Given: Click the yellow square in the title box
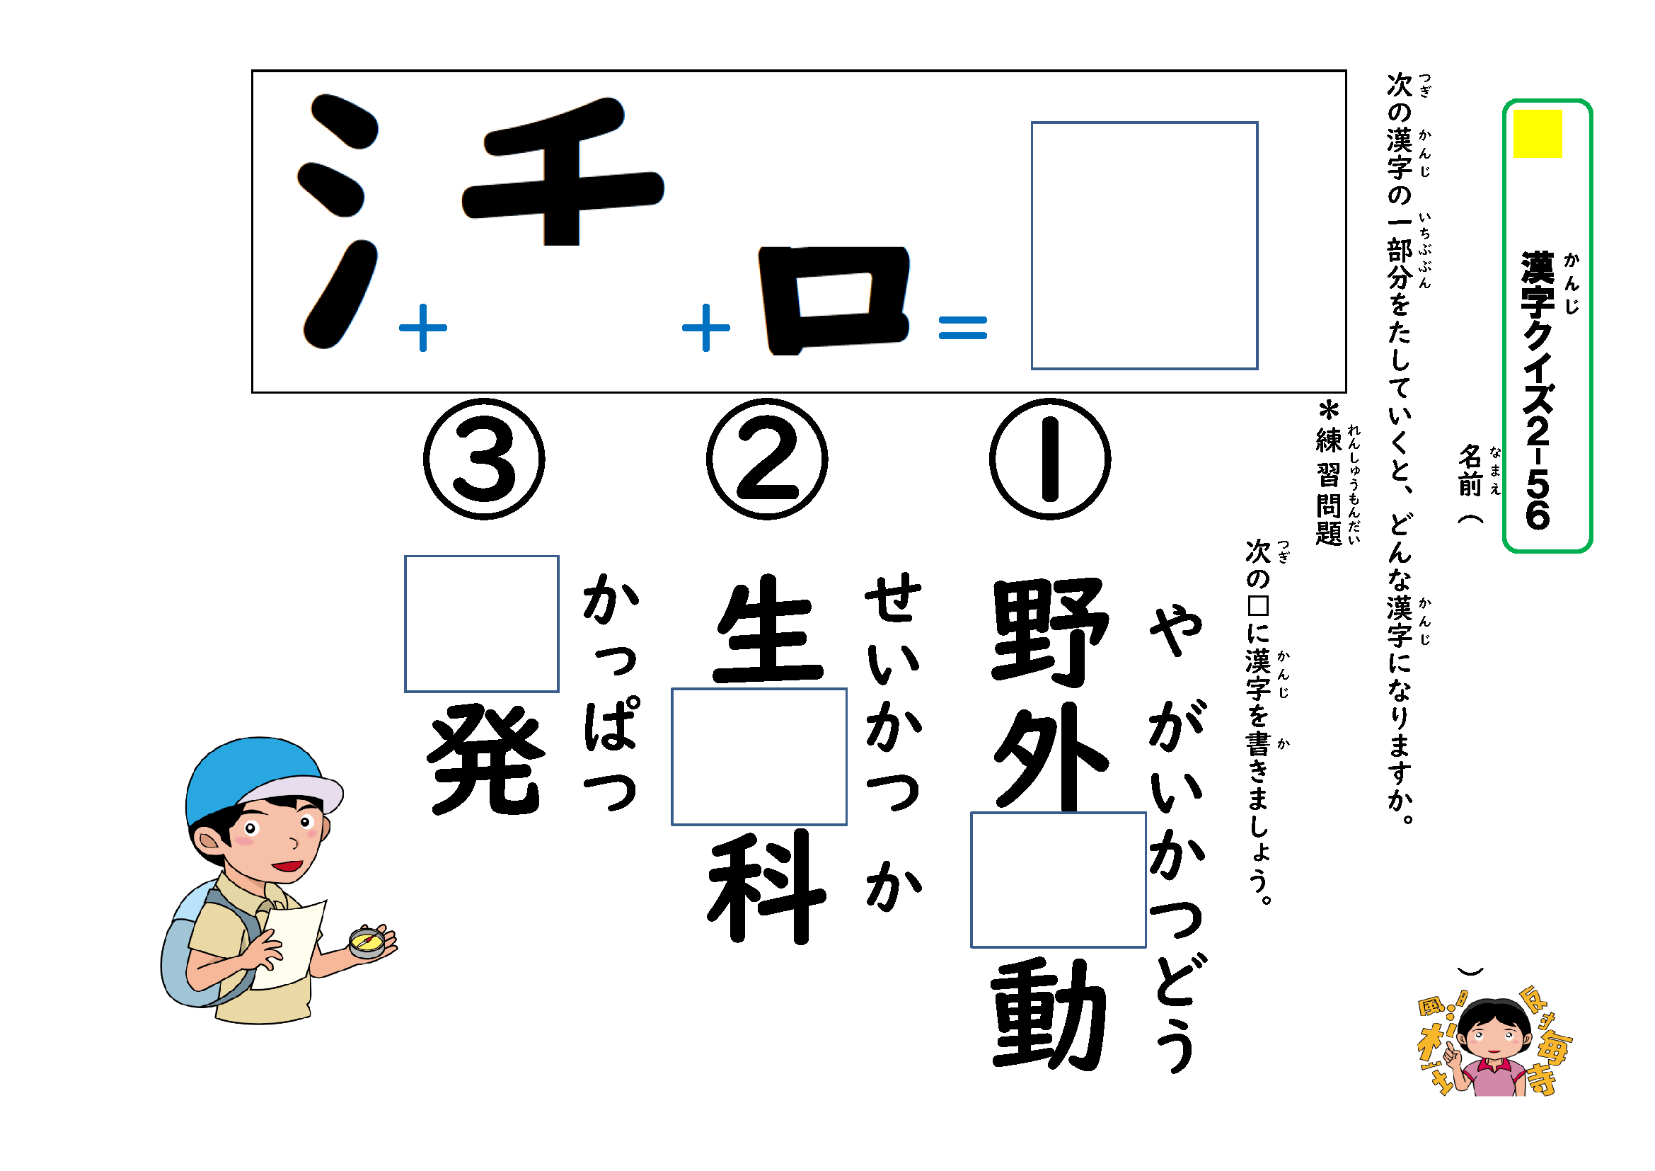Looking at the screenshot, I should [x=1537, y=133].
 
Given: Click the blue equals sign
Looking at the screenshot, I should [x=962, y=328].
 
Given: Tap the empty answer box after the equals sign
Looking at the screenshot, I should [x=1144, y=245].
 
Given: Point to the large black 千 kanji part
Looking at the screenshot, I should [x=563, y=173].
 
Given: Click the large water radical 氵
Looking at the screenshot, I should [x=338, y=220].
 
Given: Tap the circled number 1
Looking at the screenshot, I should [x=1049, y=459].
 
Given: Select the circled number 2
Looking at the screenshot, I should [x=766, y=459].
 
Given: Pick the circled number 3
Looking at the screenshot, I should [x=484, y=459].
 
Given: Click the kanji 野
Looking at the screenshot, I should [x=1049, y=631].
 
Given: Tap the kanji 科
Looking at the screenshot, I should [x=766, y=887].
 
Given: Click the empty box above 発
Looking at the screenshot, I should [x=482, y=624].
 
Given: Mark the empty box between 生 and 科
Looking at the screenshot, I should [x=759, y=756].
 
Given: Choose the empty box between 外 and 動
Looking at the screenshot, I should [x=1058, y=880].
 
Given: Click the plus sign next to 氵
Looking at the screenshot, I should [x=423, y=327].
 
